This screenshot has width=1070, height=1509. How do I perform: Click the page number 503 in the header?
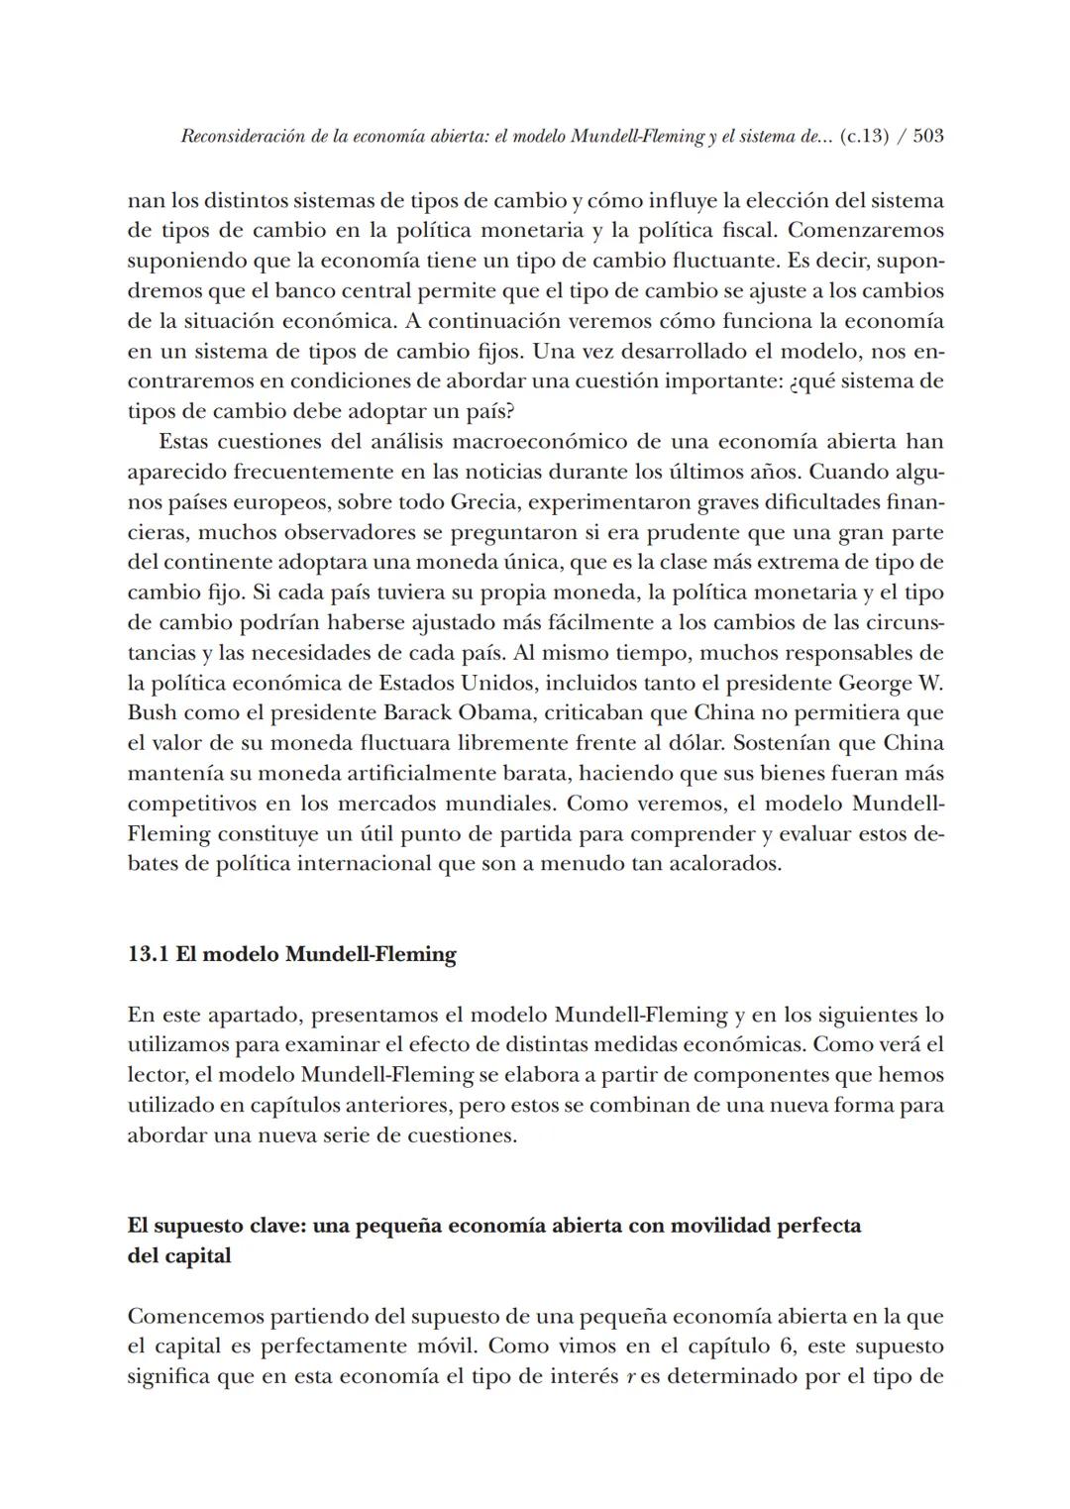coord(927,136)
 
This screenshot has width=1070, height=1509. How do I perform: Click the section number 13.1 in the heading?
coord(148,954)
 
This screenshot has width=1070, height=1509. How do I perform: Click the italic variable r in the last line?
coord(631,1377)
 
